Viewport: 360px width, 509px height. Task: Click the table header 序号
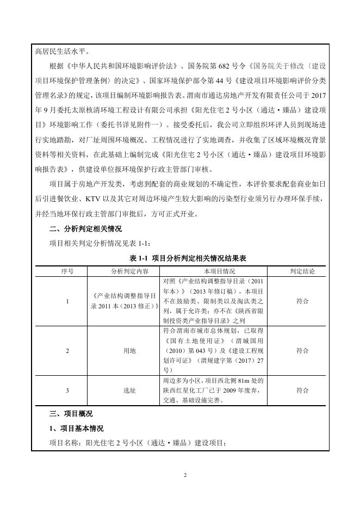[x=67, y=271]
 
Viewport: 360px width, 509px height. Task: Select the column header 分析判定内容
[x=125, y=271]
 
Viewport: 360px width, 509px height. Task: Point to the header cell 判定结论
[x=302, y=271]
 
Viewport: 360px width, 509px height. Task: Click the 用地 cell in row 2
[x=125, y=351]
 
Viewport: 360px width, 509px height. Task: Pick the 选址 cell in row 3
[x=125, y=390]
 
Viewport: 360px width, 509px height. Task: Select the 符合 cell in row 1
[x=302, y=301]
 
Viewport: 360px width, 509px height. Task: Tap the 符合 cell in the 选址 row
[x=302, y=390]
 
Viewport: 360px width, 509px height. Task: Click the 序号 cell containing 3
[x=67, y=390]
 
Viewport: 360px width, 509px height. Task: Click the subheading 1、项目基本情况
[x=76, y=429]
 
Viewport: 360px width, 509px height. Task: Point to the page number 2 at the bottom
[x=185, y=475]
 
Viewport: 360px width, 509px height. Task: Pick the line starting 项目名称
[x=136, y=443]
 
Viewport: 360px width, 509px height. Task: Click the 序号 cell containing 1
[x=67, y=301]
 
